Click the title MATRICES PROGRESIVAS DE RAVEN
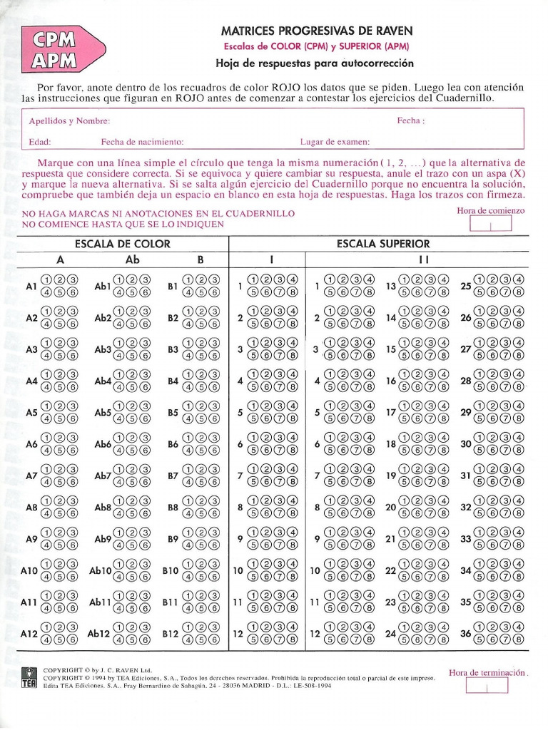pos(317,31)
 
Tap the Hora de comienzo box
pos(491,224)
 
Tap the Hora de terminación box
pos(487,686)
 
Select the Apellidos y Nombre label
pos(69,121)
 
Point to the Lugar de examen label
pos(335,142)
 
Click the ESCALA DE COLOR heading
pos(122,244)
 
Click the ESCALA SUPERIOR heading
pos(383,244)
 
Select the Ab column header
pos(133,259)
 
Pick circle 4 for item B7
pos(188,482)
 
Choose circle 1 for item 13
pos(404,279)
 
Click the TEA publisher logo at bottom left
pos(29,678)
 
